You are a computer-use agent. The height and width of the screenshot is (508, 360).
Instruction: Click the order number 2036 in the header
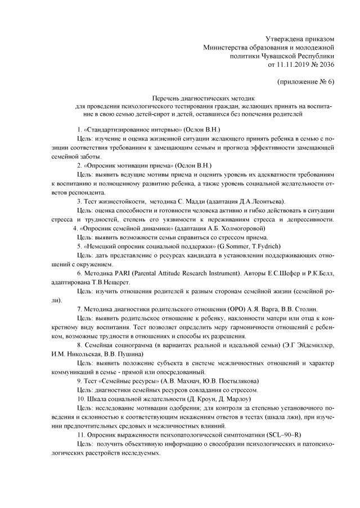(326, 65)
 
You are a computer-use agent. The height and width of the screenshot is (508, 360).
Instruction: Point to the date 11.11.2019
(292, 65)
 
